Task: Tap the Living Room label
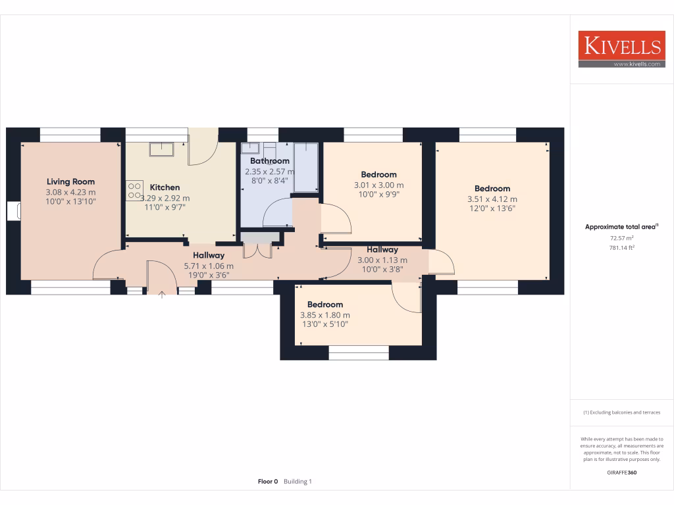70,181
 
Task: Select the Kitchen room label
165,187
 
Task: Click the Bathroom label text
270,161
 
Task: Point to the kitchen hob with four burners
134,190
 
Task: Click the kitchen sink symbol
161,149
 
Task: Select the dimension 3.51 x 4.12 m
492,199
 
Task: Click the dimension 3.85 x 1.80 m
325,315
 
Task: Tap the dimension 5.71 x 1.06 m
209,266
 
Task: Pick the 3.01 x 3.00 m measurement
378,185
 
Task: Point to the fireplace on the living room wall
14,211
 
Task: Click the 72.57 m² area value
621,237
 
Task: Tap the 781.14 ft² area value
621,248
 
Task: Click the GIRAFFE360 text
621,472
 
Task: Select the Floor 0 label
268,481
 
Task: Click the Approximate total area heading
621,227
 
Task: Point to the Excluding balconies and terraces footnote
621,412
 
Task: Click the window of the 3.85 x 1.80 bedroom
359,353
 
